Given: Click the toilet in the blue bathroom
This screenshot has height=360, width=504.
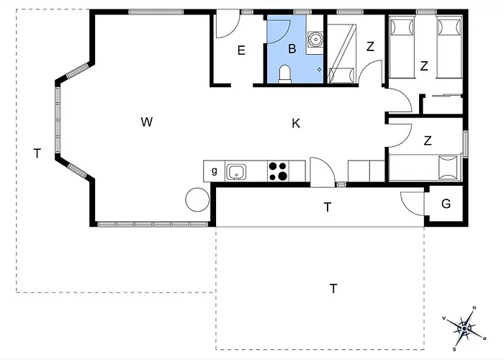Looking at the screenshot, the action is [284, 74].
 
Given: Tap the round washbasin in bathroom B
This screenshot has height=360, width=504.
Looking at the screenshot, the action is [315, 39].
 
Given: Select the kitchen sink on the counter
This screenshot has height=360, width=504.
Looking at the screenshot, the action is [236, 172].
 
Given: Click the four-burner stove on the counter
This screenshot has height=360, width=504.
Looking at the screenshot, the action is [278, 171].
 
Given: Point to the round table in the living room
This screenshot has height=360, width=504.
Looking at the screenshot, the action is [198, 199].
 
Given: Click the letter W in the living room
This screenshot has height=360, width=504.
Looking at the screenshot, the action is [147, 122].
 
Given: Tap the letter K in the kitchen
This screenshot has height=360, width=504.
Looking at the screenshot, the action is [296, 123].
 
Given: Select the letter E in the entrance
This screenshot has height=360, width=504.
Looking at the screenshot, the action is [241, 50].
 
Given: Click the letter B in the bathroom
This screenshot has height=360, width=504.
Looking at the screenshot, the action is [292, 49].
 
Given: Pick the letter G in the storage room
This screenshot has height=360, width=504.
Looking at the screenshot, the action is [446, 204].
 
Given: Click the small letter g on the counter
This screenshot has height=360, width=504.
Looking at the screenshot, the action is [215, 171].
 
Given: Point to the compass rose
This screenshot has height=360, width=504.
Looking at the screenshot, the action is [465, 328].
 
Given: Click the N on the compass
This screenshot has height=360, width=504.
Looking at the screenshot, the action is [474, 308].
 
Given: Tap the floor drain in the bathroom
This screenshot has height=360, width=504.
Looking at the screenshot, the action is [319, 69].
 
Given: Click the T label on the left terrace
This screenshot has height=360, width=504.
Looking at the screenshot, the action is [37, 153].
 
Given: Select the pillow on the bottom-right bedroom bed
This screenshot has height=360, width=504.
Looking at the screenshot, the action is [448, 167].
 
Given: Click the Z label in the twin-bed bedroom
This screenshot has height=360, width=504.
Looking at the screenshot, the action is [424, 66].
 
